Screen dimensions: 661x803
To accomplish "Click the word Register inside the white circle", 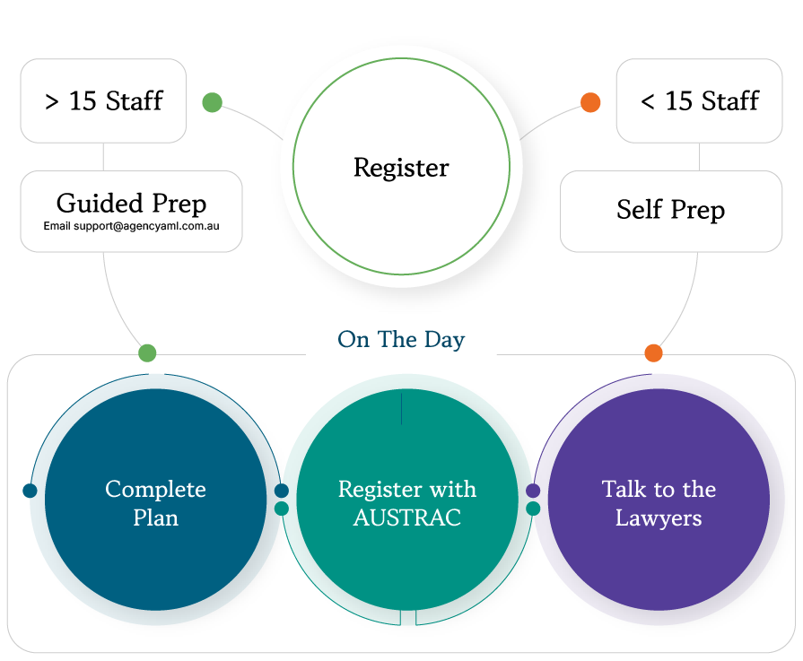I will click(401, 168).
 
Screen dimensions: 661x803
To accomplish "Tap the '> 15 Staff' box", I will click(103, 100).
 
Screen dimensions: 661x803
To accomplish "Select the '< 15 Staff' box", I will click(699, 100).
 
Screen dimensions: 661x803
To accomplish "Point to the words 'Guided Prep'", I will click(131, 203).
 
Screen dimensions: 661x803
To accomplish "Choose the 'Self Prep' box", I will click(670, 211).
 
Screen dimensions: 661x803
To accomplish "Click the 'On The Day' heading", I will click(401, 340).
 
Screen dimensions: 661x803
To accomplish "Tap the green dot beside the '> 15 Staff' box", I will click(212, 102).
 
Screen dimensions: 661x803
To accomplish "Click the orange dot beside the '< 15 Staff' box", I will click(590, 102).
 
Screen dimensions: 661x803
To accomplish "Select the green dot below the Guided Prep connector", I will click(147, 352).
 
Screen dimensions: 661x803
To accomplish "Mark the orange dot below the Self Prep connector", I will click(653, 352).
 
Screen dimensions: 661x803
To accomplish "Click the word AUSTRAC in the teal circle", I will click(407, 518).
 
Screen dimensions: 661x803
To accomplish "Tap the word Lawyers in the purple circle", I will click(658, 518).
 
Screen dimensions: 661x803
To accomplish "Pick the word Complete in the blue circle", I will click(155, 490).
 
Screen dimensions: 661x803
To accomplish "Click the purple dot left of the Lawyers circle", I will click(533, 491).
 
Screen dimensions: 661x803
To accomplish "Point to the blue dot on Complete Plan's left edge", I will click(30, 491).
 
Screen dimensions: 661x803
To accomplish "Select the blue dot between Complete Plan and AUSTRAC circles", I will click(281, 491).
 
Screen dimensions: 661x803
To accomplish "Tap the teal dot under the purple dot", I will click(533, 509).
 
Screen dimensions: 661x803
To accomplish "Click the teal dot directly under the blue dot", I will click(281, 509).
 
